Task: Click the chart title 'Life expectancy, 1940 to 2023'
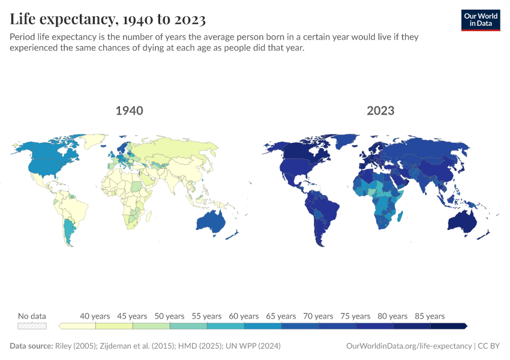click(x=108, y=20)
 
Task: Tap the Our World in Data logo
click(x=481, y=20)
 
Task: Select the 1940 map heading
click(x=129, y=110)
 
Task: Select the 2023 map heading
click(x=380, y=110)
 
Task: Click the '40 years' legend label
click(x=95, y=316)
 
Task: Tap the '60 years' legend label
click(x=244, y=316)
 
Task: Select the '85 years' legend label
click(x=430, y=316)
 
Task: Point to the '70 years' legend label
click(x=318, y=316)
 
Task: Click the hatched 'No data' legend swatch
click(x=32, y=326)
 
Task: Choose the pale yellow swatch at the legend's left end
click(x=77, y=326)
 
